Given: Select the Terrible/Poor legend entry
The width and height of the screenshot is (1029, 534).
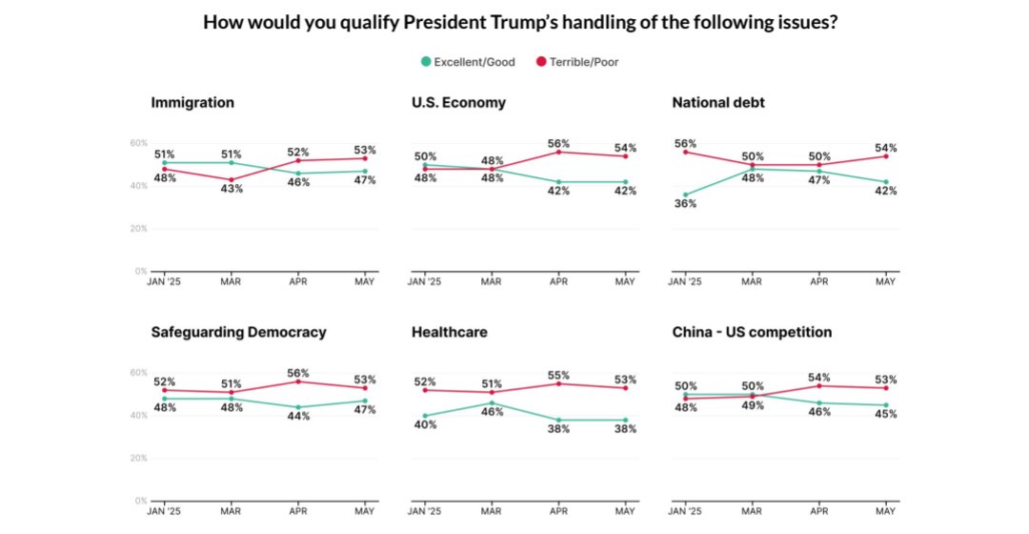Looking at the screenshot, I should pos(583,62).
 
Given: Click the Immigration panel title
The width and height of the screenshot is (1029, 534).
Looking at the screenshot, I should pos(192,102).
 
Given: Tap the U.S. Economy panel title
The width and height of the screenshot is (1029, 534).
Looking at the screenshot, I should pos(458,102).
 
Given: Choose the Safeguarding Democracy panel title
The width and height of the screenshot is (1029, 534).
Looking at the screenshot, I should pos(238,332).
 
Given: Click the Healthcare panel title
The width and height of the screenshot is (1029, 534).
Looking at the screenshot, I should pos(450,332).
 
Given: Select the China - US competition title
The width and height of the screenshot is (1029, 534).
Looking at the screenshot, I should pos(752,332).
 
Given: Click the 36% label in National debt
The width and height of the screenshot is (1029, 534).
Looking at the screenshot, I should pos(684,203).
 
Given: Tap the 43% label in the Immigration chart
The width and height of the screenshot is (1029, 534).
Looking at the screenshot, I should pos(232,189).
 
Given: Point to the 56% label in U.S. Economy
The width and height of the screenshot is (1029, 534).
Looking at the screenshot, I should pos(558,143).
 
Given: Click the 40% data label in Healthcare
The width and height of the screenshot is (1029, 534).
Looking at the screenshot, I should pos(425,424).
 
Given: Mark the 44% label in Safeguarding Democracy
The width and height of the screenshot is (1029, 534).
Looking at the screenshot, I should pos(298,417).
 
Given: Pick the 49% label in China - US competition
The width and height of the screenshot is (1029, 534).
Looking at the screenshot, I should pos(752,405).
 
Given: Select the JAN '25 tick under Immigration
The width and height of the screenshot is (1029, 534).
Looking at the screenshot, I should pos(164,282).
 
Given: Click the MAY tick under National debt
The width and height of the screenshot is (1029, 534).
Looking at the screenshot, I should pos(885,282).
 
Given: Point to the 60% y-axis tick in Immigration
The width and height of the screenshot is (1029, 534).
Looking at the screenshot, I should pos(139,143).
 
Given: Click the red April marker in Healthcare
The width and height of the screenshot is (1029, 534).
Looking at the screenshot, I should pos(559,383).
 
